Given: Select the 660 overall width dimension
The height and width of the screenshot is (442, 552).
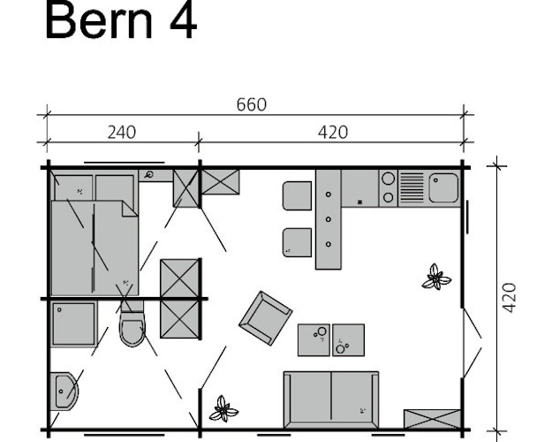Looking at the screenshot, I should pos(251,105).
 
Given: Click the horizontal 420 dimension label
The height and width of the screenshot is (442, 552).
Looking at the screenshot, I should pos(332,133).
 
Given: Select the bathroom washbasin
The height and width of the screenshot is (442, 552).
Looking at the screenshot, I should pos(66,390).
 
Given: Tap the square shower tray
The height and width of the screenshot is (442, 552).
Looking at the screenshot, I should pos(73,324).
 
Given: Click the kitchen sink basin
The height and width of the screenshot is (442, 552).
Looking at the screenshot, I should pos(443,188).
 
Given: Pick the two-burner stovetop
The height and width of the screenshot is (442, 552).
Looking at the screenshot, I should pos(388,188).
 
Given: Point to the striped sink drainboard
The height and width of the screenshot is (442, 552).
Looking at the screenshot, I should pos(412,188).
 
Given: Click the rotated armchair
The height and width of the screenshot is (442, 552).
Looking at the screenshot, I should pos(265,317).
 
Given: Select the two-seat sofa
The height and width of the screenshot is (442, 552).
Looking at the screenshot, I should pos(331,399).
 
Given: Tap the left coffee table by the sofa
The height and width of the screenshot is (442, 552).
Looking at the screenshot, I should pos(314,339).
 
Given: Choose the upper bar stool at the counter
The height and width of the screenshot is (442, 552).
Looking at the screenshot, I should pos(297,195).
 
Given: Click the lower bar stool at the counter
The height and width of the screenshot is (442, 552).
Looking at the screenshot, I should pos(297,242).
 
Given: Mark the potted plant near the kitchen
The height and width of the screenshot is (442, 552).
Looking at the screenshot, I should pos(435,278).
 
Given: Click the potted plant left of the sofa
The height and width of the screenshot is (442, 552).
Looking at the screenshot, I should pos(223,409).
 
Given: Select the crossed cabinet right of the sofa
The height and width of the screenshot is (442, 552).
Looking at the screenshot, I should pos(432,419).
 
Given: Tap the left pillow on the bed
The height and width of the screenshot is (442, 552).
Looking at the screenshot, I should pos(72,187).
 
